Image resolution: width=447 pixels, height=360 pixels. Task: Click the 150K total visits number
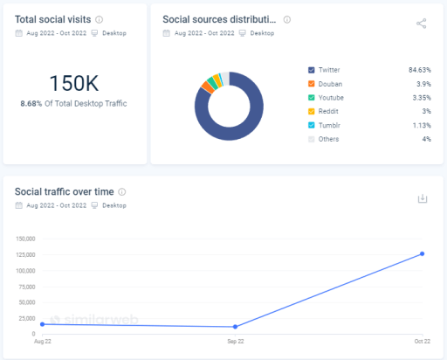point(74,83)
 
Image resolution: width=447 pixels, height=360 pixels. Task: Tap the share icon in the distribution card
point(422,24)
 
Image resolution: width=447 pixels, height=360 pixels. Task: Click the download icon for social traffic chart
point(423,198)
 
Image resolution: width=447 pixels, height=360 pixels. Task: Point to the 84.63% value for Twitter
point(419,69)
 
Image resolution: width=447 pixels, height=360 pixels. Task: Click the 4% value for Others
point(426,139)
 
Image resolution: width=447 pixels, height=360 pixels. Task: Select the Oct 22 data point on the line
point(423,254)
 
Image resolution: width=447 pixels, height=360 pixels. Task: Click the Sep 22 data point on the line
point(235,327)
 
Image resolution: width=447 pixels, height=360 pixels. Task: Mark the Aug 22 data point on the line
point(42,324)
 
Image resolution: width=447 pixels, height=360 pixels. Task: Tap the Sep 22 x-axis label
point(235,341)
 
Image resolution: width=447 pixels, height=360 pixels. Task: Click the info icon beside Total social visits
point(99,19)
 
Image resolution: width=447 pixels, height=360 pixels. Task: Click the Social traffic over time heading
point(65,191)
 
